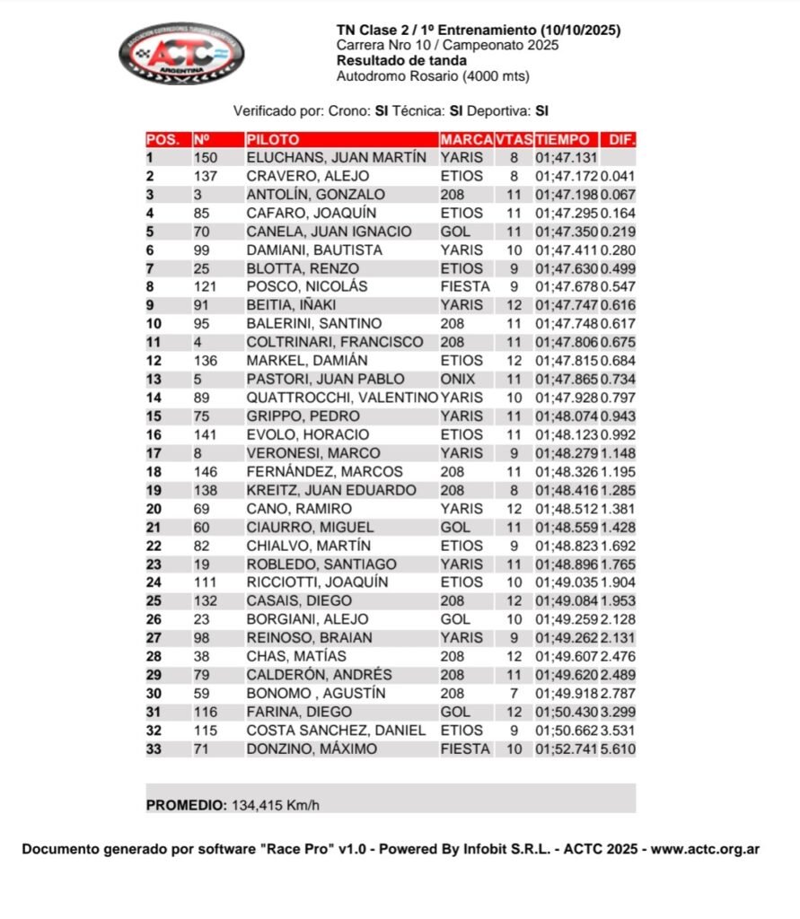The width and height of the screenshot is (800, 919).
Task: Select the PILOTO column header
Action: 273,140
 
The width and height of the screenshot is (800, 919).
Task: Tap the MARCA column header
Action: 466,140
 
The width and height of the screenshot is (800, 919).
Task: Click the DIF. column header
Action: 621,140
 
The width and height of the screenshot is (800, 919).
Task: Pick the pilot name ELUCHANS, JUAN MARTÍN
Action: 336,158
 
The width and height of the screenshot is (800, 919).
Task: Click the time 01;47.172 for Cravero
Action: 567,177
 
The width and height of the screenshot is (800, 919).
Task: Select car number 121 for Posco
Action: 206,287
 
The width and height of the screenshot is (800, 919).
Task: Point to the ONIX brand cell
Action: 458,380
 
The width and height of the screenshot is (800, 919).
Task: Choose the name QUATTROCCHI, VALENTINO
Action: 342,398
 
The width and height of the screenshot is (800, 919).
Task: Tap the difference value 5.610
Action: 618,749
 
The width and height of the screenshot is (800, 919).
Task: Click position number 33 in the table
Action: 154,749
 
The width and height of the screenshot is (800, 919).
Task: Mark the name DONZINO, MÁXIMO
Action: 312,749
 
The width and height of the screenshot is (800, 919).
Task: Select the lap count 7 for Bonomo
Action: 514,694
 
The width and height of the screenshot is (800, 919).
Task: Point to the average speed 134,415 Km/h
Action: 276,805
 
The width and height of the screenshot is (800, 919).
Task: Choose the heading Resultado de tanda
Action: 401,61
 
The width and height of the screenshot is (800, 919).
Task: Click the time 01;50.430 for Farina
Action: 567,713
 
